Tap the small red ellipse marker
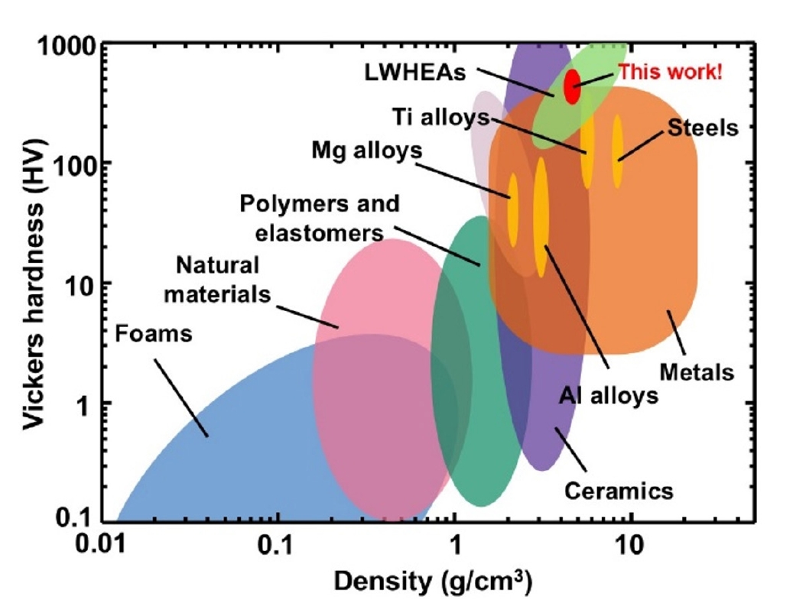point(572,86)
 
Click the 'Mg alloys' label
point(366,150)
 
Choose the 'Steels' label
point(704,127)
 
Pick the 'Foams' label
point(153,333)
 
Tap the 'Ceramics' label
point(619,489)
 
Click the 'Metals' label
point(696,373)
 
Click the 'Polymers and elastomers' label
point(319,218)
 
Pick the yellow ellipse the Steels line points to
point(617,151)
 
